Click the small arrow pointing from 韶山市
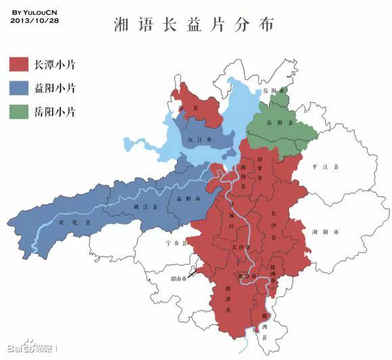pyautogui.click(x=193, y=274)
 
